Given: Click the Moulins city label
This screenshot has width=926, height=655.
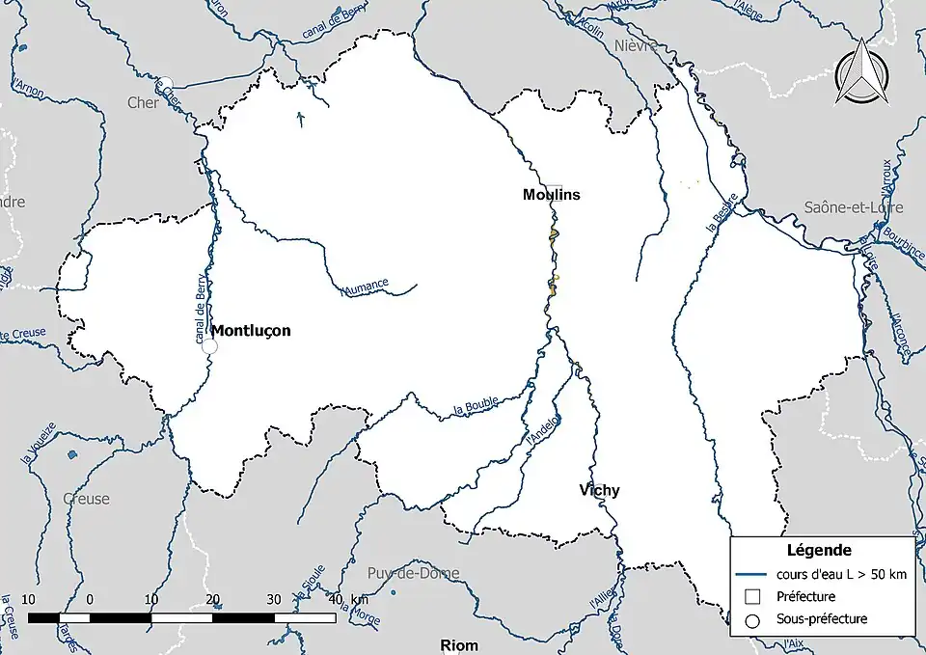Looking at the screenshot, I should coord(552,194).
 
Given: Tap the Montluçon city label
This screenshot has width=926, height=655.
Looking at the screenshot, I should coord(251,330).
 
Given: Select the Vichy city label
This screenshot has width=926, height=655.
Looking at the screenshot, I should coord(599,490).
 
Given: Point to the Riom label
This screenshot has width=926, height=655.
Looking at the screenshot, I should coord(458,644).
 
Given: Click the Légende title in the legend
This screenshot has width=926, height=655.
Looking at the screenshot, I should coord(819,551).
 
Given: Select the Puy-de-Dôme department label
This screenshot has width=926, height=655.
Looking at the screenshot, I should coord(413,573).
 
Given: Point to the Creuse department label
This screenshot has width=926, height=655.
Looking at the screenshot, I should coord(86,499).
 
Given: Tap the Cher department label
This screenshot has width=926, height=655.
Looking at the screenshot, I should coord(143,102).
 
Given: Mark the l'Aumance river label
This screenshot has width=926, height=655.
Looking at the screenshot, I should coord(365,286).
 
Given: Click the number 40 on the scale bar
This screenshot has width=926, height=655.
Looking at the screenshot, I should coord(335,599).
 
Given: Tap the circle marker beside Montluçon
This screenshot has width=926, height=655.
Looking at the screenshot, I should coord(209,346).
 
